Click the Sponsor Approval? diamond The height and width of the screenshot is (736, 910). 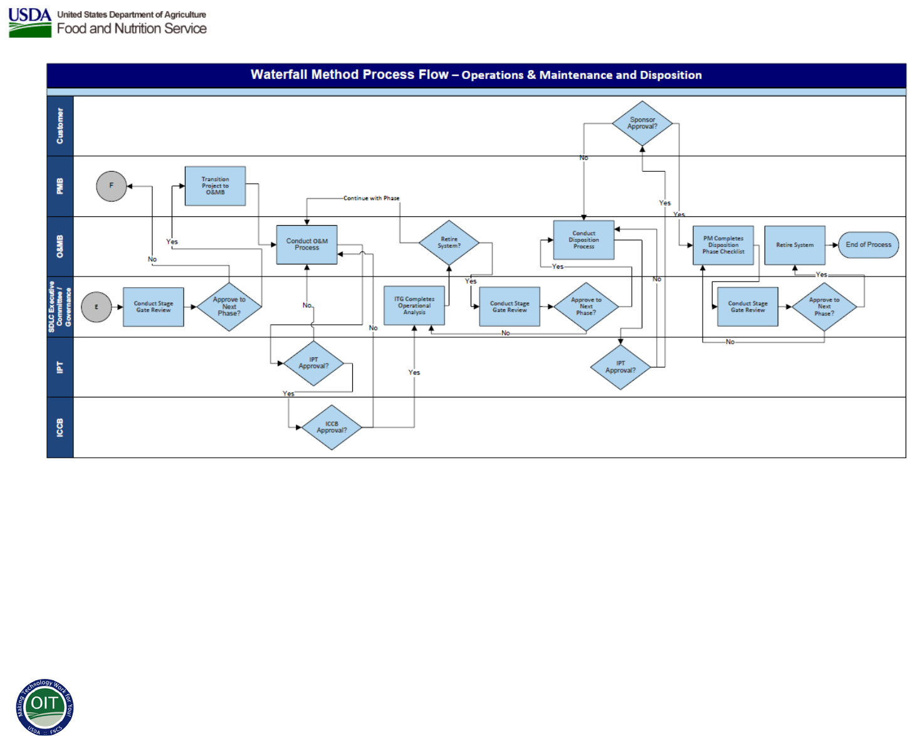pos(642,124)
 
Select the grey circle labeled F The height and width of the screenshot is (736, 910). pos(112,186)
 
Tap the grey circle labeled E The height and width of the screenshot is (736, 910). pos(97,307)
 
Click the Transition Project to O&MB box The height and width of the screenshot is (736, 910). pos(215,186)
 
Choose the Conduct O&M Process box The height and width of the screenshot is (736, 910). pos(307,244)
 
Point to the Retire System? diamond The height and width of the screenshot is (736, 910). pos(449,243)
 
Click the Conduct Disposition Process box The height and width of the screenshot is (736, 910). pos(583,240)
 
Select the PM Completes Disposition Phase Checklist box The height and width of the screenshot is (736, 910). pos(723,245)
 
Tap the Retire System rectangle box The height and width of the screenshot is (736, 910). pos(795,245)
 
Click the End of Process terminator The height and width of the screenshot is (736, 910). pos(868,245)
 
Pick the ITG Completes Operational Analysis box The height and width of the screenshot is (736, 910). pos(414,306)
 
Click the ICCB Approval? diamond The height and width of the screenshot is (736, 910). pos(332,428)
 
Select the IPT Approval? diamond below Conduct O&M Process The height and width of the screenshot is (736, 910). pos(313,364)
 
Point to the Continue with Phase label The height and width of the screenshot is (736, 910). pos(371,198)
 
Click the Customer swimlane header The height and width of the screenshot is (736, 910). pos(60,126)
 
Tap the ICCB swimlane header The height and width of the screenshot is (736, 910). pos(60,428)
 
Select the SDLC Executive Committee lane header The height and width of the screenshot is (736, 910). pos(60,307)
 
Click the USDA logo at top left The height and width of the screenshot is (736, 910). pos(30,23)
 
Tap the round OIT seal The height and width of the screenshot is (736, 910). pos(44,707)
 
